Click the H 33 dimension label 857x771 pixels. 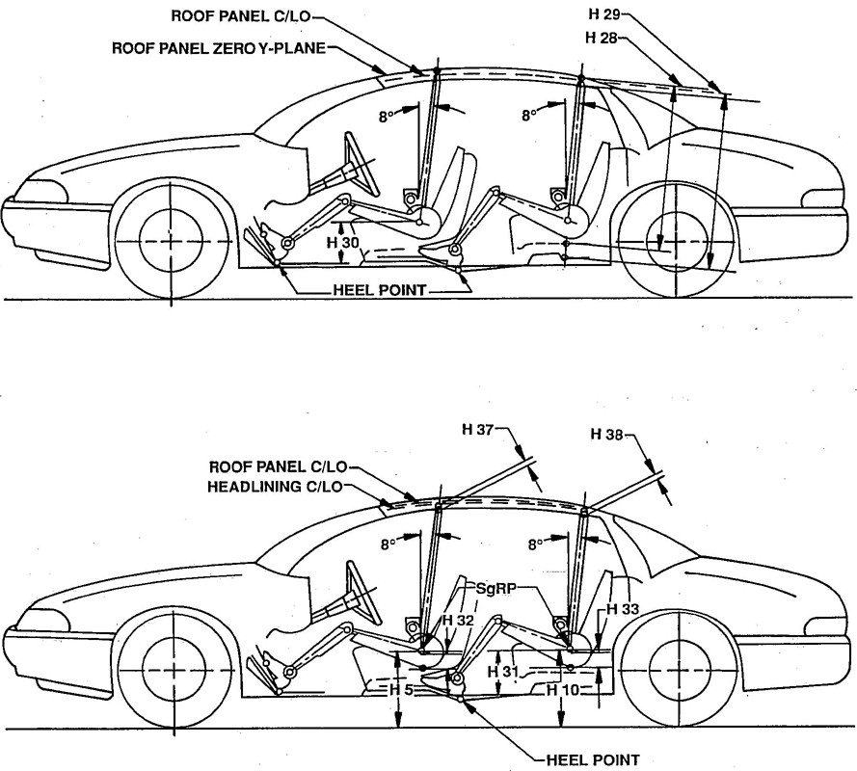[x=622, y=609]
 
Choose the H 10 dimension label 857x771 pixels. [x=561, y=690]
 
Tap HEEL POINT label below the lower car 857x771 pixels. [x=588, y=758]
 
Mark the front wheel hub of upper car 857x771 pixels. [x=172, y=239]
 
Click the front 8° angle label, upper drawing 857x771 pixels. [x=387, y=116]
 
